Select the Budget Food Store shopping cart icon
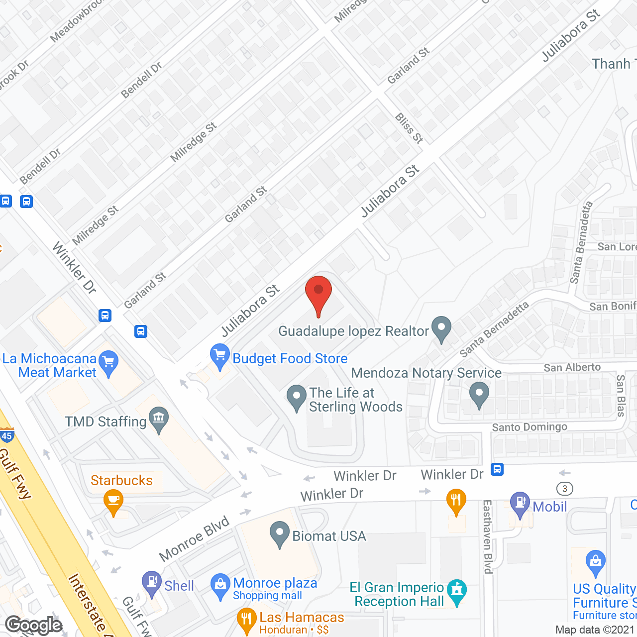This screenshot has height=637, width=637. [219, 355]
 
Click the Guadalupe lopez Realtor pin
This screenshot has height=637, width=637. [441, 328]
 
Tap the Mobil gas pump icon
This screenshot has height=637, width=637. [520, 504]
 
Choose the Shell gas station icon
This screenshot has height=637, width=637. [151, 583]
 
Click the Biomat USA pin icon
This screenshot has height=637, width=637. [280, 533]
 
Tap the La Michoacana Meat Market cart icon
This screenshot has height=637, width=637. [109, 363]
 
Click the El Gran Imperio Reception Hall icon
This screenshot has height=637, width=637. [456, 591]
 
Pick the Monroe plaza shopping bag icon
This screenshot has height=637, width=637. [220, 586]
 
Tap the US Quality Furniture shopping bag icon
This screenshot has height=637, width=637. [595, 562]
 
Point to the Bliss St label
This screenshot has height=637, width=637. [409, 128]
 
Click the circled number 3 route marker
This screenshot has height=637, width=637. [564, 488]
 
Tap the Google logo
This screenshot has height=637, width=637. [34, 625]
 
